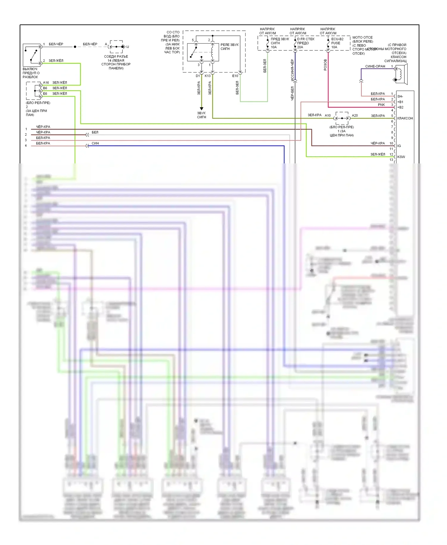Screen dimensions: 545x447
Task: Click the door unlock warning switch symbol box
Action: [32, 55]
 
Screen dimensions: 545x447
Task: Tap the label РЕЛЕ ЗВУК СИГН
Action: [229, 47]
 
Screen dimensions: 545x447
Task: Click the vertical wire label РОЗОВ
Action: [325, 65]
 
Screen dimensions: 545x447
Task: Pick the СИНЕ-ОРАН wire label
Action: [375, 66]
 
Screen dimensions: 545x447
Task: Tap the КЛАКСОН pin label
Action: [405, 118]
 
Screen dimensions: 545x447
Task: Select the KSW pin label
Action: [401, 157]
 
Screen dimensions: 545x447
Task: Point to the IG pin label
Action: [399, 146]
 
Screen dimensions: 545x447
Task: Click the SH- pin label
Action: [400, 96]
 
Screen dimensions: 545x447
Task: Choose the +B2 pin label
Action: [400, 107]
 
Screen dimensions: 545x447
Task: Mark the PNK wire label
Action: [381, 105]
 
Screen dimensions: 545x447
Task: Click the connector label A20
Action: [355, 115]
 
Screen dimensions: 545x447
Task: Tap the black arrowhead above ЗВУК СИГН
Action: [201, 109]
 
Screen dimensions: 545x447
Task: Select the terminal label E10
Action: [235, 76]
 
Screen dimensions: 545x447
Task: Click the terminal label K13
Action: [207, 76]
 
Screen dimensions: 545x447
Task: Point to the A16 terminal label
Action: [46, 83]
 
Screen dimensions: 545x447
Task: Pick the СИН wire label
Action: [95, 143]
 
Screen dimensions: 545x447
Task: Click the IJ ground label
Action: [128, 47]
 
